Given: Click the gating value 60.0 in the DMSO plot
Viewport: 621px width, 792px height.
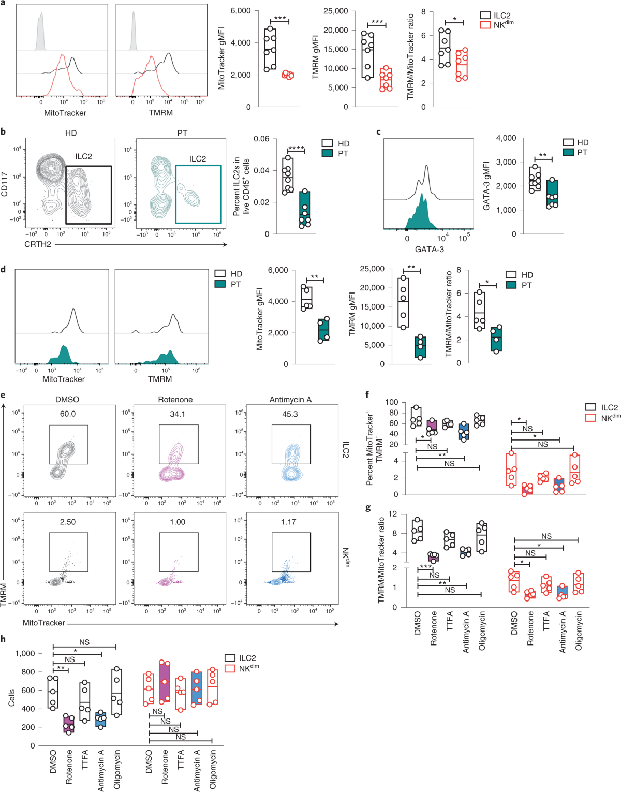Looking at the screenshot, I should pos(67,414).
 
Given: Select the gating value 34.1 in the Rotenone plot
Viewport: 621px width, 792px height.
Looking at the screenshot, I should pos(178,414).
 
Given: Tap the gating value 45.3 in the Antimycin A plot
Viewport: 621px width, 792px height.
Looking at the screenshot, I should pos(290,414).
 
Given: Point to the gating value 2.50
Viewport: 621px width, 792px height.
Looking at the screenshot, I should pos(67,522).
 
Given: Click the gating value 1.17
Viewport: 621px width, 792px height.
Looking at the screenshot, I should pos(288,522).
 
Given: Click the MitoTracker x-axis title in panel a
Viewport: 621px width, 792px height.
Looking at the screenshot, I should pos(65,113).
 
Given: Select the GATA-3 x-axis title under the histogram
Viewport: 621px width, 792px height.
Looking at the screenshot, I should pos(430,249).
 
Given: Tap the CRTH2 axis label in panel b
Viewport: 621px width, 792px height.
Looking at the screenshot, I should pos(38,244).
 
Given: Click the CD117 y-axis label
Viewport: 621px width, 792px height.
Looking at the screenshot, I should pos(5,184).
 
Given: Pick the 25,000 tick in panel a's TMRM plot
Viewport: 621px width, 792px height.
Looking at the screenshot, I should pos(336,11).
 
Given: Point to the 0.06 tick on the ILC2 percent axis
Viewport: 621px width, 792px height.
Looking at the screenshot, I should pos(261,139).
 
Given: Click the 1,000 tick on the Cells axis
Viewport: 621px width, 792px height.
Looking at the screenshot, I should pos(25,653).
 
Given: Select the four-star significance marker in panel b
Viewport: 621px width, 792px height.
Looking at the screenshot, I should pos(296,149).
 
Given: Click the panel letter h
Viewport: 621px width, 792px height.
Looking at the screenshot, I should pos(4,639).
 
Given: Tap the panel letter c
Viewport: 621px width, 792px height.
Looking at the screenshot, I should pos(379,132).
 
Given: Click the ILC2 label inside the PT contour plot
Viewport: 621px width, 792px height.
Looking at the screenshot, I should pos(197,159).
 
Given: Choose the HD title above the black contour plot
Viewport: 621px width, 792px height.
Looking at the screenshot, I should pos(71,133).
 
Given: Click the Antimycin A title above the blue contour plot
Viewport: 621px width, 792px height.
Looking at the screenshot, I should pos(290,400).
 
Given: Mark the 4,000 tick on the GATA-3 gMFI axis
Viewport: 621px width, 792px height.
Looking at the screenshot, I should pos(506,138).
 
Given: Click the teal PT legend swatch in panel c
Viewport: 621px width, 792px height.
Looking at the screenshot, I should pos(568,152).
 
